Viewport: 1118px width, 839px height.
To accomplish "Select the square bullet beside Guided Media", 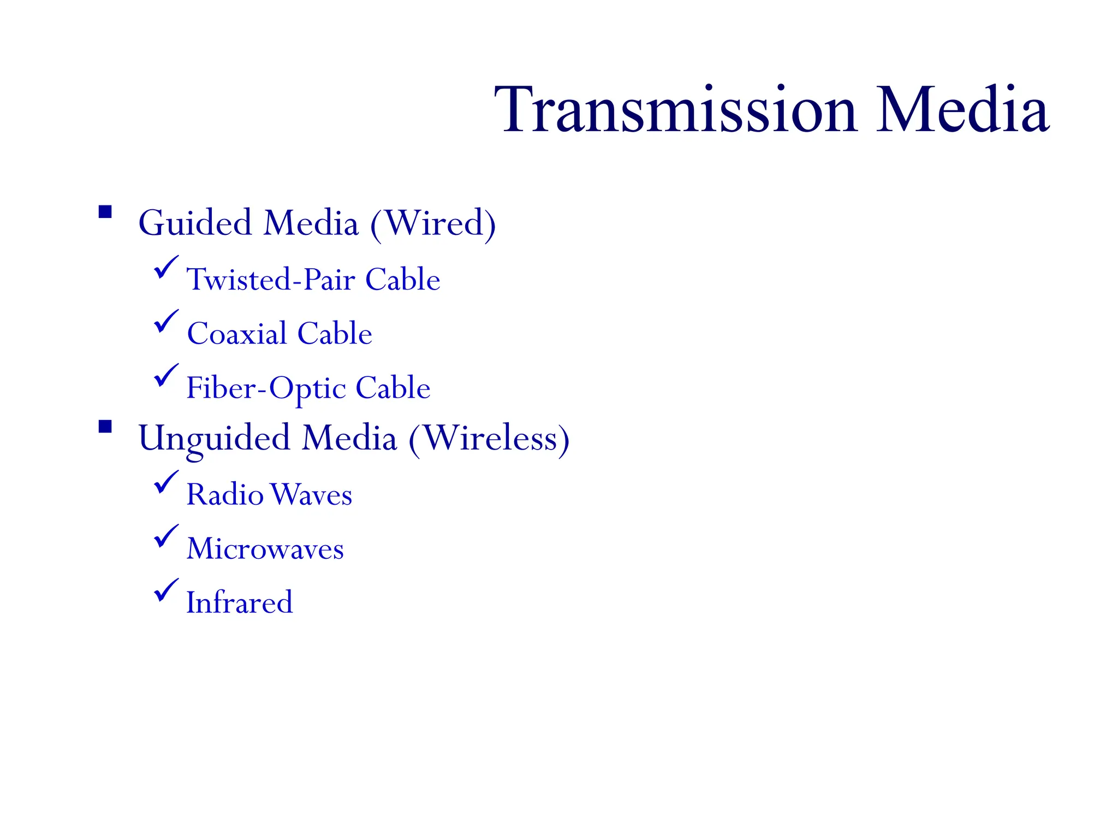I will tap(105, 212).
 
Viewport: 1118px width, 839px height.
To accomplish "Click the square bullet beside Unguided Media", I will tap(105, 427).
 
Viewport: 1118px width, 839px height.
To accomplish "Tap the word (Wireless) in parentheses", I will tap(489, 439).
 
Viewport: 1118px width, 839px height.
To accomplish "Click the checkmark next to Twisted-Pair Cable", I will tap(165, 267).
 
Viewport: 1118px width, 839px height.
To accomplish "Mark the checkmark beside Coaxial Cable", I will tap(165, 321).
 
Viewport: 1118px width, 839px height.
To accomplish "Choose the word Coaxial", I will tap(237, 333).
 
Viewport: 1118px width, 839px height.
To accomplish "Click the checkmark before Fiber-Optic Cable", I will tap(165, 375).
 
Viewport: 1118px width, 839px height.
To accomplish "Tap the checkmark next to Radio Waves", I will tap(165, 482).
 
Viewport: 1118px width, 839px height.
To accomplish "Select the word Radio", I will tap(225, 494).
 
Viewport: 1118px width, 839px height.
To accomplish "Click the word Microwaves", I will tap(265, 548).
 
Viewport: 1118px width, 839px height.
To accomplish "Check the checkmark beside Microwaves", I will tap(165, 536).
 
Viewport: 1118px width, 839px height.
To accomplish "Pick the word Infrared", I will tap(240, 602).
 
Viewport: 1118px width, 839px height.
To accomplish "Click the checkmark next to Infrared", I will tap(165, 590).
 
